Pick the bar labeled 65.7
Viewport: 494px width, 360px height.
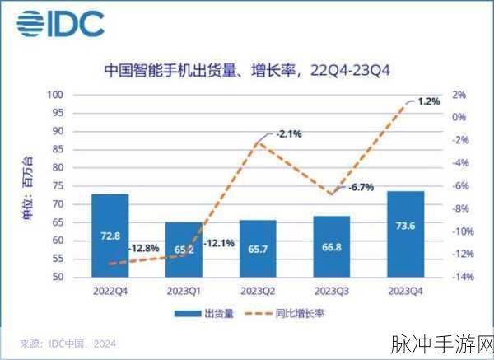tap(258, 248)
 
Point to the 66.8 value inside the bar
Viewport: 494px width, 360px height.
tap(331, 246)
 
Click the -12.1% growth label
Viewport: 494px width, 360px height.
tap(217, 243)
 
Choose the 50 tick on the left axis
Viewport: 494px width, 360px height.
tap(59, 278)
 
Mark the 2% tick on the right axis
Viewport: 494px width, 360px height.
tap(459, 95)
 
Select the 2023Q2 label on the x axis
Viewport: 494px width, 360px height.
tap(258, 291)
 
